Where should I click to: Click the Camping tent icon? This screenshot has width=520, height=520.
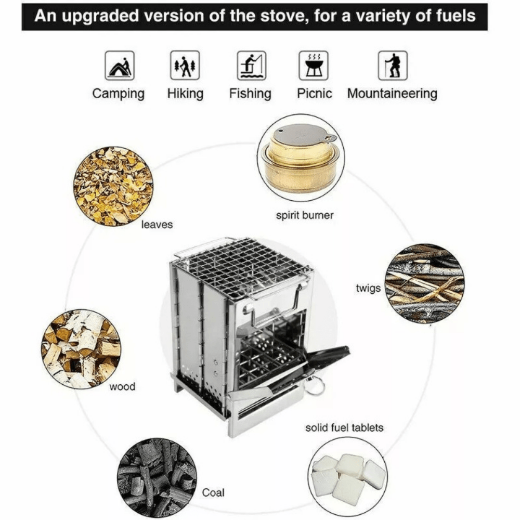120,66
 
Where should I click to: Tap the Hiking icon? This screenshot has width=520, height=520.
185,66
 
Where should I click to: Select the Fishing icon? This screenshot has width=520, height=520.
251,66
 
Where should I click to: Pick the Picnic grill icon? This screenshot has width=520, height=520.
314,66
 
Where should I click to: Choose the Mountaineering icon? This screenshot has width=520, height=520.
393,66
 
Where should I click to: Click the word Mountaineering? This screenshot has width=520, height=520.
392,94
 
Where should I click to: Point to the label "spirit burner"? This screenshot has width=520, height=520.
305,215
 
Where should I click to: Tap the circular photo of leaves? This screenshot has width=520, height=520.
113,186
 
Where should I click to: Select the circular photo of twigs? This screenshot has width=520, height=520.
424,283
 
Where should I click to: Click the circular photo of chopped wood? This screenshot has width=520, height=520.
81,349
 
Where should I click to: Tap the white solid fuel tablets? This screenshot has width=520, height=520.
348,476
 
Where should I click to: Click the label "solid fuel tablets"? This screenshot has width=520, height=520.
344,427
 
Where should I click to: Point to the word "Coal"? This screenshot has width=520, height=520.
213,492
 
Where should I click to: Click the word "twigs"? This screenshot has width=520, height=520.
368,289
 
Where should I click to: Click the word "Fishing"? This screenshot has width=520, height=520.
250,94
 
